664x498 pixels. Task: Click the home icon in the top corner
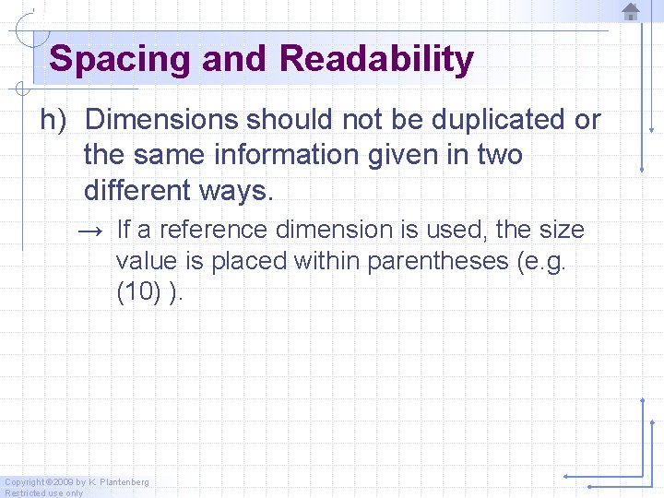(631, 11)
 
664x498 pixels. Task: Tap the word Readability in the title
(376, 60)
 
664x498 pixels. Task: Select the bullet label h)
(55, 120)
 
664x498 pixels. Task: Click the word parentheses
(438, 261)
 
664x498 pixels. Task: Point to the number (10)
(138, 293)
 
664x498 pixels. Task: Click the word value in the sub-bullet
(145, 261)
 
